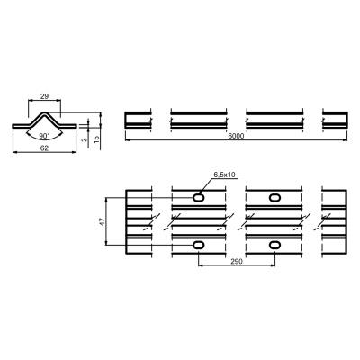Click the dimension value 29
click(44, 96)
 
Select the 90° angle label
click(44, 136)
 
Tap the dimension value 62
click(44, 148)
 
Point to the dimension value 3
click(85, 139)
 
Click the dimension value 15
click(96, 139)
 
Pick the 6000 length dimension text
click(236, 136)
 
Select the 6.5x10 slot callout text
click(224, 175)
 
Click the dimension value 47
click(102, 222)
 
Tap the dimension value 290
click(237, 262)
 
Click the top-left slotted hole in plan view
click(198, 197)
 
